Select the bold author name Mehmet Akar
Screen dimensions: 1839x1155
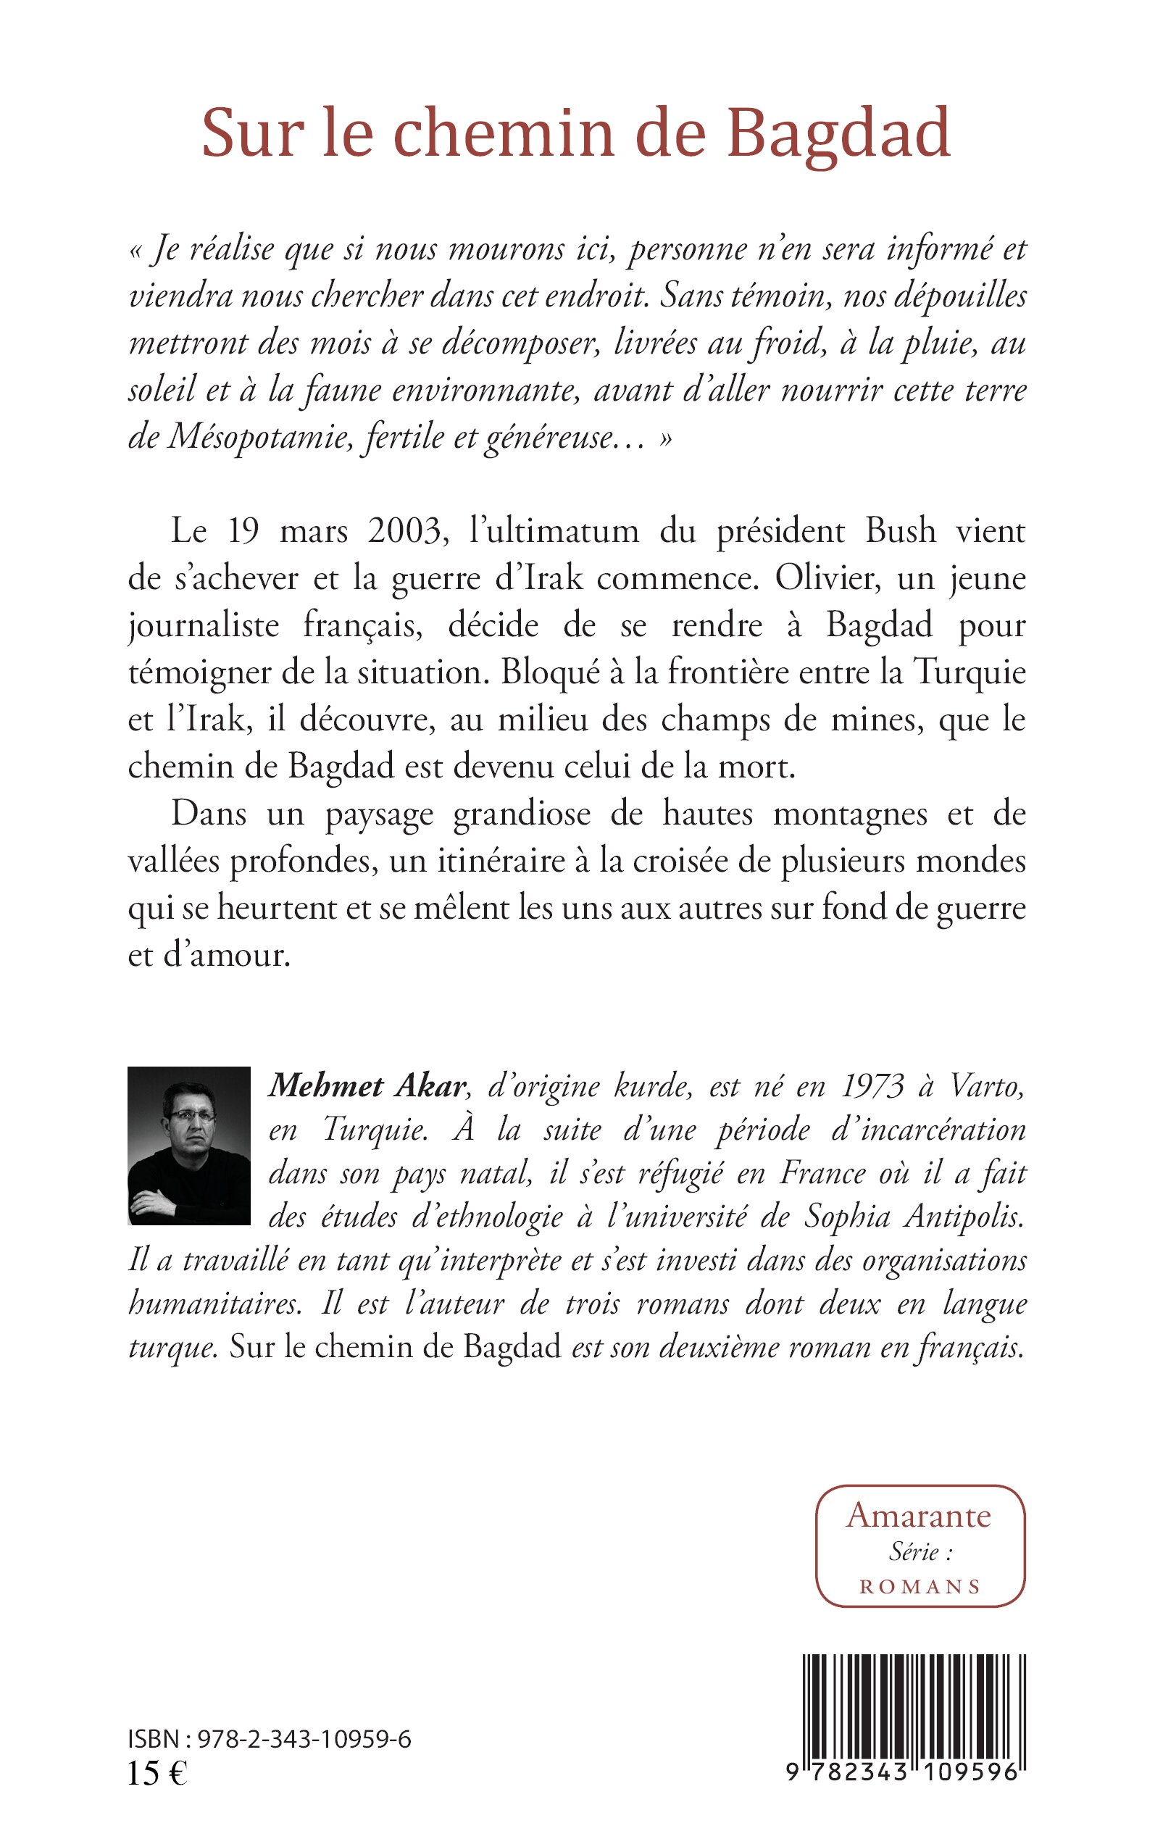tap(367, 1086)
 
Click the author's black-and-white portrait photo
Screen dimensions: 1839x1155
tap(188, 1146)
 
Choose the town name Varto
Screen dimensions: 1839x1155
tap(986, 1086)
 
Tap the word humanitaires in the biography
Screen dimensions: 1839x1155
tap(213, 1304)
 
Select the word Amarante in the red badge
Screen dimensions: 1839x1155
tap(918, 1516)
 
